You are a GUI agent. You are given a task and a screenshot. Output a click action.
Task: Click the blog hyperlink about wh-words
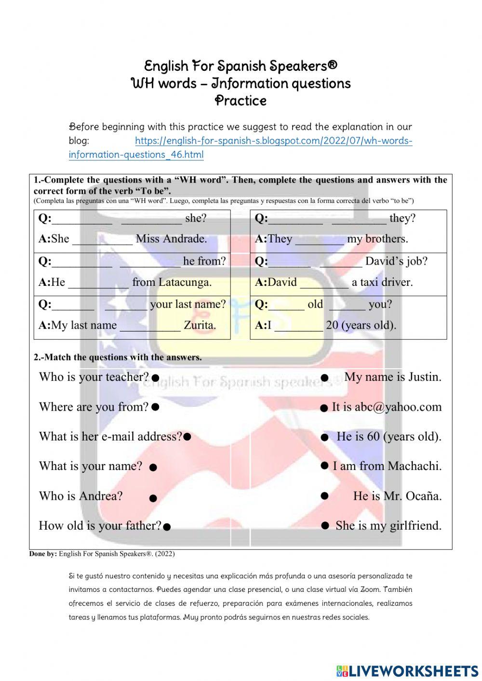(x=273, y=141)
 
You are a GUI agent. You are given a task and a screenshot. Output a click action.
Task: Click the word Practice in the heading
(x=241, y=101)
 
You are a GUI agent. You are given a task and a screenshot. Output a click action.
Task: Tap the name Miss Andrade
(x=171, y=239)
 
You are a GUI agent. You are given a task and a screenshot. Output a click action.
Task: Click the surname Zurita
(x=200, y=325)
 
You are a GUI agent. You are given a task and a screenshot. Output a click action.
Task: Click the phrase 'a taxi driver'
(x=382, y=282)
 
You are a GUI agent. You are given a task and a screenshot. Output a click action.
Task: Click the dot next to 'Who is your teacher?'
(x=155, y=378)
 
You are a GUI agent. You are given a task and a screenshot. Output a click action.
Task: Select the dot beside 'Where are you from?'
(x=155, y=407)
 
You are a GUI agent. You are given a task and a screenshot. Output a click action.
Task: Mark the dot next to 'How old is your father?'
(x=167, y=527)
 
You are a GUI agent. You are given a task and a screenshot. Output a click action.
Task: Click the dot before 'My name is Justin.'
(x=325, y=377)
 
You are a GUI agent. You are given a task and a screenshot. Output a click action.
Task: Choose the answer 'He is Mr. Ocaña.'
(x=397, y=496)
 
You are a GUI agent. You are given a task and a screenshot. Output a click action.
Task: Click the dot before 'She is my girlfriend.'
(x=325, y=525)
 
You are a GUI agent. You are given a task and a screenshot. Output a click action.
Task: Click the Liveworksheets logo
(x=407, y=670)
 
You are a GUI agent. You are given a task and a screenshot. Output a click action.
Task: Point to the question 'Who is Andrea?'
(x=80, y=496)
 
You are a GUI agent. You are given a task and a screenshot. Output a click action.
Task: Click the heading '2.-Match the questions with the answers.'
(x=118, y=357)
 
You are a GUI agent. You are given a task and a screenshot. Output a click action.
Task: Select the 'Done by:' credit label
(x=43, y=554)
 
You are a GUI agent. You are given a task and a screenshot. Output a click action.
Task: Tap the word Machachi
(x=415, y=466)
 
